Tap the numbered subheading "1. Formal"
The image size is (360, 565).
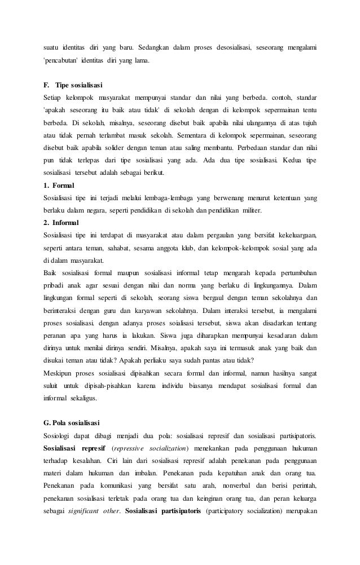pyautogui.click(x=60, y=185)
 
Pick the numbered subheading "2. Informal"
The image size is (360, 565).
pyautogui.click(x=63, y=222)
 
